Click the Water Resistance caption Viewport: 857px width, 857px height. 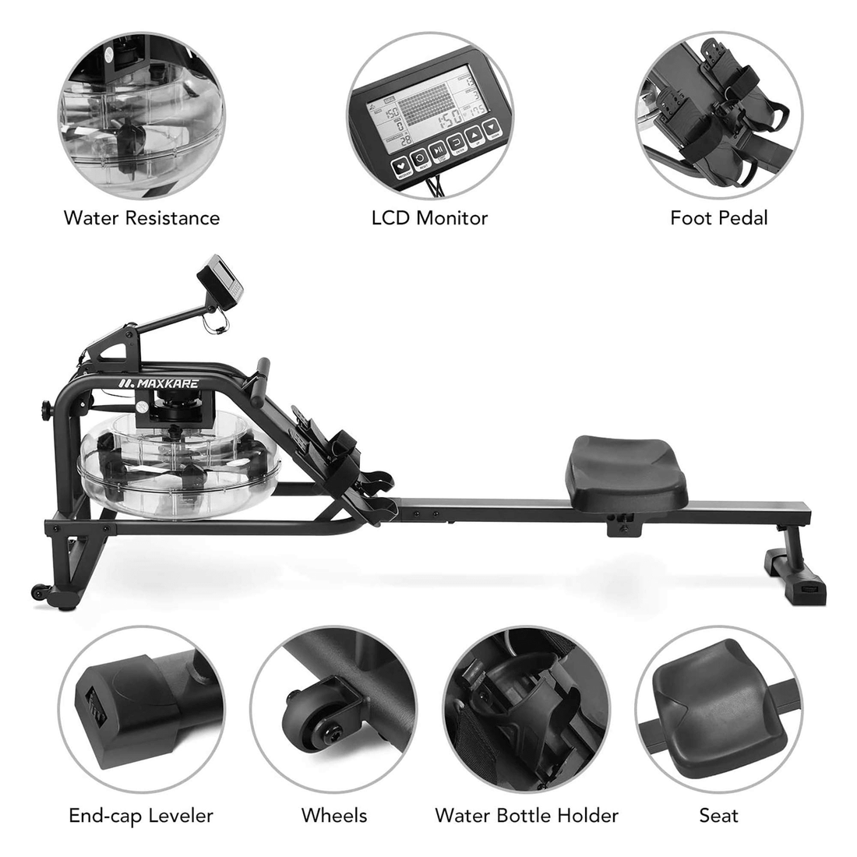(142, 217)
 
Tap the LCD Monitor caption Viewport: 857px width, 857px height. (429, 217)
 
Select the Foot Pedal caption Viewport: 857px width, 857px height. (718, 217)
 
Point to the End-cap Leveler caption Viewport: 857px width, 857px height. (141, 816)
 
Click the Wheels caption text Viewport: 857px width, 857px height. (334, 816)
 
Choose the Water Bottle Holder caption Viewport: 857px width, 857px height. (527, 816)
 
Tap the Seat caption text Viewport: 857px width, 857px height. (718, 816)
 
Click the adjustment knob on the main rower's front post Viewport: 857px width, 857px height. (44, 408)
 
